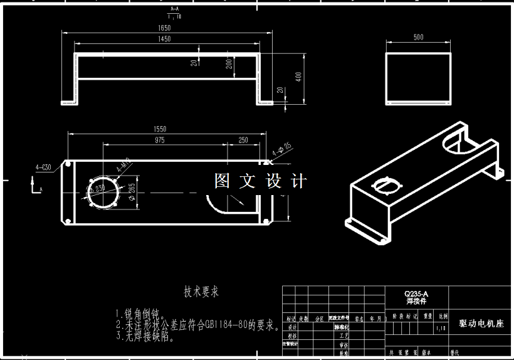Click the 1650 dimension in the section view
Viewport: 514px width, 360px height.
164,28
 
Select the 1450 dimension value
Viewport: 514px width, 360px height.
164,39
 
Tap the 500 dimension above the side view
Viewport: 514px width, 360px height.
418,37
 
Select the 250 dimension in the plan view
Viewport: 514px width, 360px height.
243,140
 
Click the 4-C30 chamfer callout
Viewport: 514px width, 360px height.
44,167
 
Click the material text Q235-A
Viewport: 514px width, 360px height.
416,293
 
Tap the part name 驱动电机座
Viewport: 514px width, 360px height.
481,324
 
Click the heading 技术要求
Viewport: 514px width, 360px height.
201,292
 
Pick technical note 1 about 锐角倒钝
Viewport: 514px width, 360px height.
140,314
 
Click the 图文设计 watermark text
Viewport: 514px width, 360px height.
260,181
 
